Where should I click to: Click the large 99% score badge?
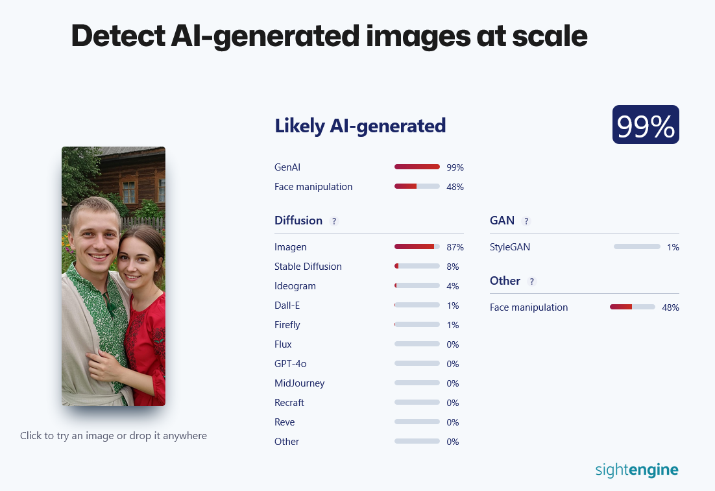[646, 125]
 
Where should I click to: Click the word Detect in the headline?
[118, 36]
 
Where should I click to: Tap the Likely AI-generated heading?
[360, 126]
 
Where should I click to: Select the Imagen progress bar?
[417, 246]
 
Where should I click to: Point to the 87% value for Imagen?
[455, 247]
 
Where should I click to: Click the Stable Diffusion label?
[308, 266]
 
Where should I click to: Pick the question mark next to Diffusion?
[334, 221]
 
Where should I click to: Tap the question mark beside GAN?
[526, 221]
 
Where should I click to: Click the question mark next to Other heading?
[531, 281]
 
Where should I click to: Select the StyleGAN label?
[510, 247]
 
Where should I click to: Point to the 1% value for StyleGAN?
[673, 247]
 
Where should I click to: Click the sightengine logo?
[636, 470]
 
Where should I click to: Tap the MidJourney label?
[299, 383]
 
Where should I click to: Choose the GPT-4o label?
[291, 364]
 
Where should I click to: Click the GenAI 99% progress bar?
[417, 167]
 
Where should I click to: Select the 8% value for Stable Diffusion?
[452, 267]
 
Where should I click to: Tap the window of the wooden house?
[129, 191]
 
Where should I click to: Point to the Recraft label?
[289, 403]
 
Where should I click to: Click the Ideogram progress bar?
[417, 285]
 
